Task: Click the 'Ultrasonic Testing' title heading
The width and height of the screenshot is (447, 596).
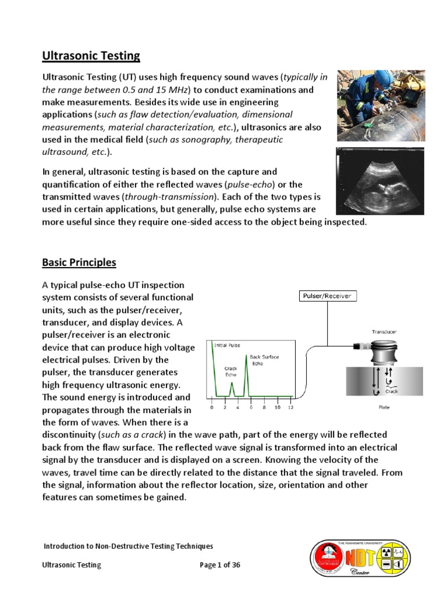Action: point(91,56)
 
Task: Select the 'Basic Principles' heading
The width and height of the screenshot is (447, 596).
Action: point(79,262)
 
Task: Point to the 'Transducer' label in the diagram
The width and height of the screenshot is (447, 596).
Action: point(385,332)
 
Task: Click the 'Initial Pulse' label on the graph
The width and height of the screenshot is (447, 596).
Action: point(227,345)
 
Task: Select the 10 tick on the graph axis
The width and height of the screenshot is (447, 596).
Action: point(277,407)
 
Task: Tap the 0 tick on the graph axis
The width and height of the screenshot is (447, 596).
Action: point(212,407)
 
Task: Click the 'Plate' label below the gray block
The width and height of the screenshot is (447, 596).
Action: point(384,407)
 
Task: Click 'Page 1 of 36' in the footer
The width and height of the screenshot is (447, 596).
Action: point(220,565)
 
